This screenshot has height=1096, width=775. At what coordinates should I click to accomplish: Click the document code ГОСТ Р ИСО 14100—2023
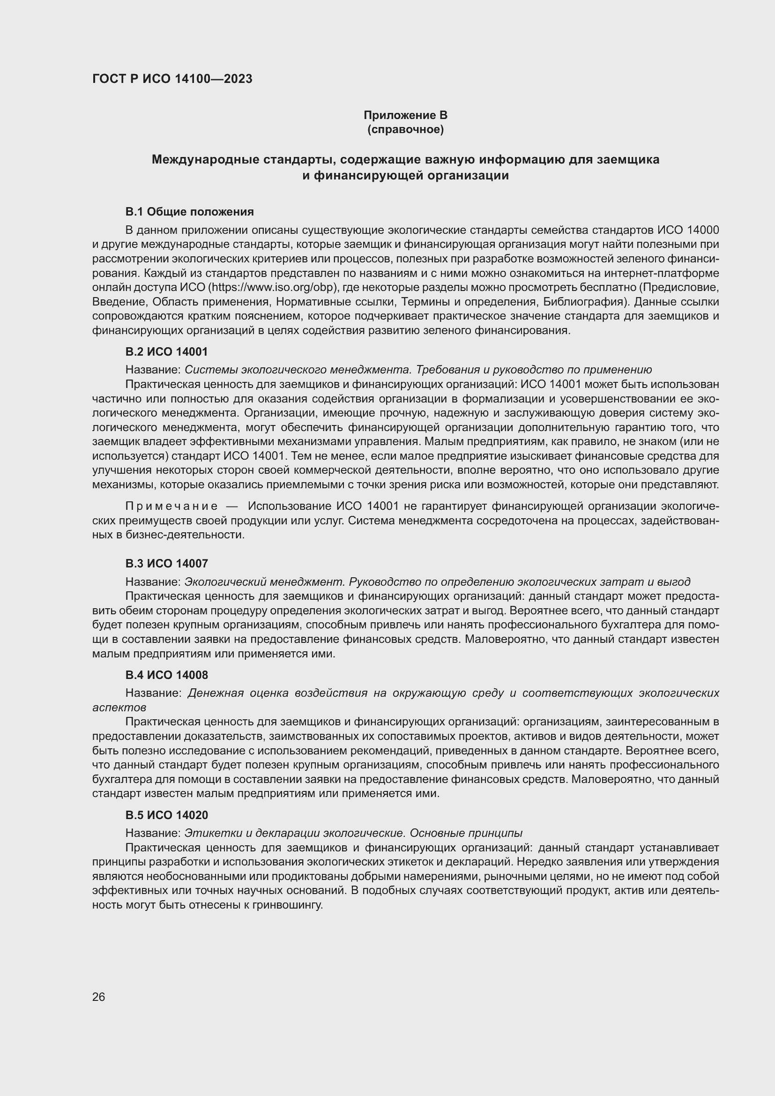pos(172,79)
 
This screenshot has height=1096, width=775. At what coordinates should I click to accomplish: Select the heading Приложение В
pos(405,115)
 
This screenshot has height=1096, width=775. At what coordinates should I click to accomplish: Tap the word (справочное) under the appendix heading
pos(405,129)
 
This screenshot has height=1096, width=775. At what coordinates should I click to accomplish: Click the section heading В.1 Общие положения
pos(189,211)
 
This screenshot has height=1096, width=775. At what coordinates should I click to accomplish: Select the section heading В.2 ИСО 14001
pos(166,352)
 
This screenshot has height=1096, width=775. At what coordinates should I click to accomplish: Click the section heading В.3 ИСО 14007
pos(166,564)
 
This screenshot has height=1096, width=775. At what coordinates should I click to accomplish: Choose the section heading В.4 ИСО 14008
pos(166,675)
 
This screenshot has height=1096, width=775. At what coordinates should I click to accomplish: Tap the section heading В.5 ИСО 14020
pos(166,815)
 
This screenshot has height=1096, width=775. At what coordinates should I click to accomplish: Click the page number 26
pos(99,997)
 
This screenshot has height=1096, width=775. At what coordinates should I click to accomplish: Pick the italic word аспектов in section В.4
pos(119,708)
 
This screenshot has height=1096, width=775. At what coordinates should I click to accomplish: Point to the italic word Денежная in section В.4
pos(216,693)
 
